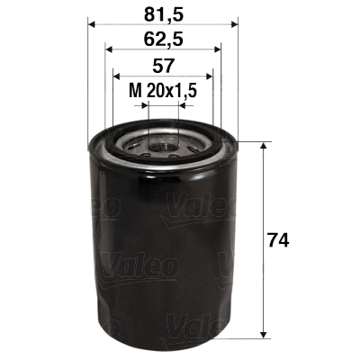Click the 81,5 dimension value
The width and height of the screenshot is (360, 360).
pyautogui.click(x=162, y=13)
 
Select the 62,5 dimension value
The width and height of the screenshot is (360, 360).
pyautogui.click(x=162, y=39)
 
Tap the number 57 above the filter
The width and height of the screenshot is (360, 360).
pyautogui.click(x=162, y=66)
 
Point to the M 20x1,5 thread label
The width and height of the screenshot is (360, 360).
pyautogui.click(x=162, y=90)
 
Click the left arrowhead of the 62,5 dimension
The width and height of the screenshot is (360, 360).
pyautogui.click(x=109, y=50)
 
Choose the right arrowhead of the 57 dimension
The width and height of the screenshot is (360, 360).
pyautogui.click(x=211, y=77)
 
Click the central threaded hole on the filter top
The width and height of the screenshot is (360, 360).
pyautogui.click(x=163, y=143)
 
